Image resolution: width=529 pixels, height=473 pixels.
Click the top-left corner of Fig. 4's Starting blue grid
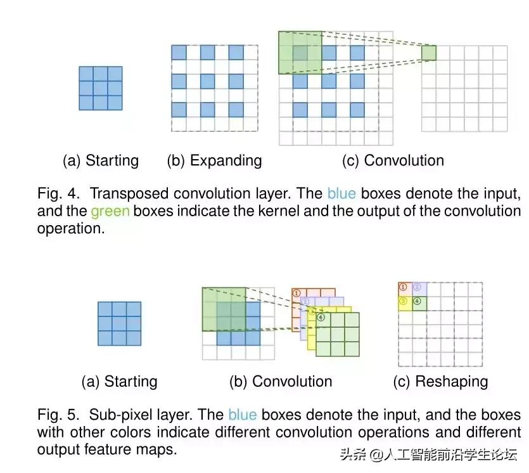(79, 67)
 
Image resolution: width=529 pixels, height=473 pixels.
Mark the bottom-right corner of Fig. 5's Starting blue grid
(141, 346)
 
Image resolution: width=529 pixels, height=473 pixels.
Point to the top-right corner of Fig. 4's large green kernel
(322, 32)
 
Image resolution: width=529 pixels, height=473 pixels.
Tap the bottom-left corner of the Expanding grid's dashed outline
(172, 131)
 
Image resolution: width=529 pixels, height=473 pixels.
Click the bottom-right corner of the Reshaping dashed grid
(482, 366)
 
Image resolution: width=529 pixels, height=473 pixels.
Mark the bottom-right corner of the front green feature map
(359, 356)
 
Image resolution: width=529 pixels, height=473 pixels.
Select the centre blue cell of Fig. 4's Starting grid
(101, 89)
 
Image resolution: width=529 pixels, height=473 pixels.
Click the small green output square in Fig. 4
(429, 53)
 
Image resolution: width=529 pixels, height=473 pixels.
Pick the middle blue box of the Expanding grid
(208, 81)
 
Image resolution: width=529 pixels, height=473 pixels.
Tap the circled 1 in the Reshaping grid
(403, 287)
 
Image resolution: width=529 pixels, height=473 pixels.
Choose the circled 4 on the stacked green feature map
(321, 317)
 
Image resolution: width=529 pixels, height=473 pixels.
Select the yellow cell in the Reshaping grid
(405, 304)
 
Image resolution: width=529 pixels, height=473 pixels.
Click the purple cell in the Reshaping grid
(419, 290)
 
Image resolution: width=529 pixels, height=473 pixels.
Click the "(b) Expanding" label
(215, 160)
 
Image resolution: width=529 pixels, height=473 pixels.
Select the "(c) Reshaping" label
(440, 382)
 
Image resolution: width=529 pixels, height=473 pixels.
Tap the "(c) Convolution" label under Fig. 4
(393, 160)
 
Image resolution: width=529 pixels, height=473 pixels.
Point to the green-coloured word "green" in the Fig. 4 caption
(110, 211)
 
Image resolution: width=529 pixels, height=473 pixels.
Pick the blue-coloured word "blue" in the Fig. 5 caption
(243, 415)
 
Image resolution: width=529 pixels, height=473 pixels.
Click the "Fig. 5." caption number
(58, 415)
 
